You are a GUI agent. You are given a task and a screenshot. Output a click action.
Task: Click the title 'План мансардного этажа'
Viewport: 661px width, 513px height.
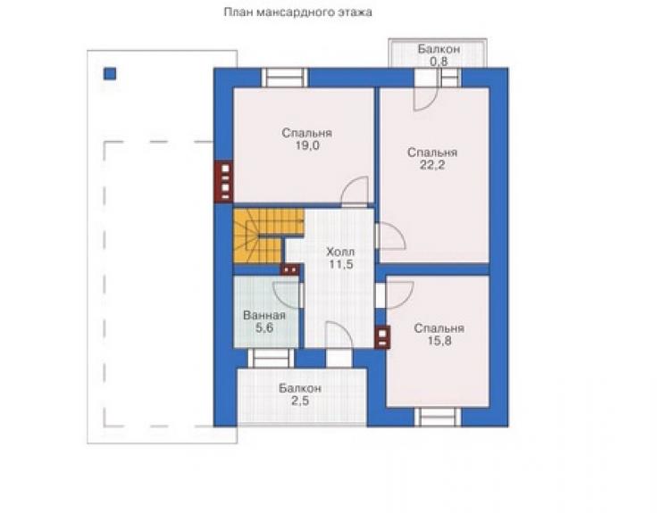(297, 12)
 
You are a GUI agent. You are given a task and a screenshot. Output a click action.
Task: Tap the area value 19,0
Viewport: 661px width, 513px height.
(307, 145)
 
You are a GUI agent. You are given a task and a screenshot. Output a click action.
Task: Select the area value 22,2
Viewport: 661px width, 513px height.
(432, 165)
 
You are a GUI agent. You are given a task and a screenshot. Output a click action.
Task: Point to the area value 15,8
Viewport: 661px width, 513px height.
(439, 340)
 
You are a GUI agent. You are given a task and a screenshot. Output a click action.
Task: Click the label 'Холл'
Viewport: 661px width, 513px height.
(340, 252)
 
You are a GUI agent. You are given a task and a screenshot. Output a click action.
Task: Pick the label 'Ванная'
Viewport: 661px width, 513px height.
(264, 315)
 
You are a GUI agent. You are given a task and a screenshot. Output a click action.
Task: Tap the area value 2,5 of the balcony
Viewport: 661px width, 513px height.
(300, 401)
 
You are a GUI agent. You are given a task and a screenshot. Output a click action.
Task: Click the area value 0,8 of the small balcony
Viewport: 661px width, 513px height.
(439, 62)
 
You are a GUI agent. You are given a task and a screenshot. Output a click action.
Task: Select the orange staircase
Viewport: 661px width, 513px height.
(268, 236)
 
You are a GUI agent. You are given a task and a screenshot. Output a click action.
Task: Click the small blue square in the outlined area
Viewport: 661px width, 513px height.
(110, 74)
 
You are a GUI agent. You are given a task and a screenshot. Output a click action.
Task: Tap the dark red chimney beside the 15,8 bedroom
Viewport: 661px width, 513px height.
(382, 337)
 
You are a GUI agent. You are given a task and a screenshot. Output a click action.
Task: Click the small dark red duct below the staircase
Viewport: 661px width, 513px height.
(290, 269)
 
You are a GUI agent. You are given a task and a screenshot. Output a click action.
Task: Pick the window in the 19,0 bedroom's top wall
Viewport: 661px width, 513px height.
(285, 78)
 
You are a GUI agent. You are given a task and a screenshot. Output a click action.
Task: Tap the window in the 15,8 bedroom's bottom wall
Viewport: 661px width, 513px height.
(438, 417)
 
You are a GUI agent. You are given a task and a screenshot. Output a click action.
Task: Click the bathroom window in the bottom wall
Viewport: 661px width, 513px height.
(271, 359)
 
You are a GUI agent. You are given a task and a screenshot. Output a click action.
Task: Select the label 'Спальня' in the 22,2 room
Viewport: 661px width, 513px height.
(432, 153)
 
